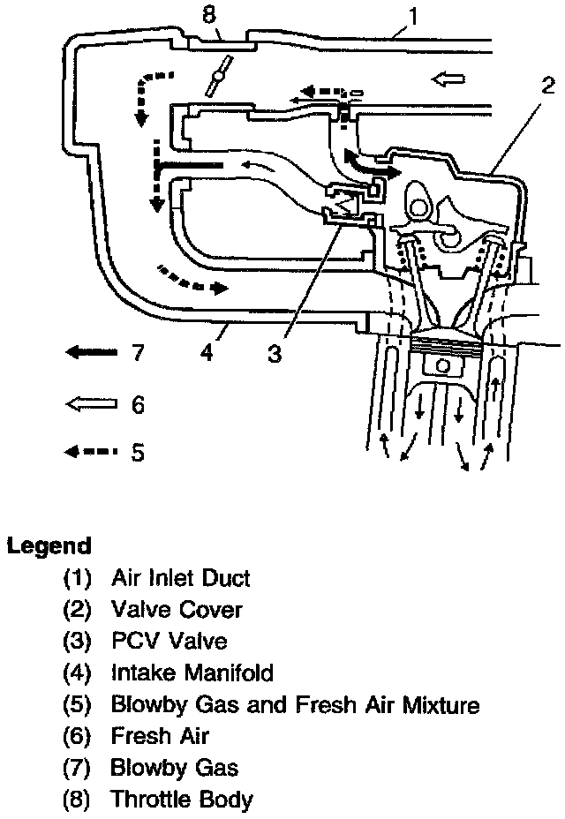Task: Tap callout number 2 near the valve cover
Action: tap(548, 86)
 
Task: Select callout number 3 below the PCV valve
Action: tap(275, 353)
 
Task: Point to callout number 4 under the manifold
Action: tap(206, 353)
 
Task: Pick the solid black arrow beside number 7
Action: tap(91, 353)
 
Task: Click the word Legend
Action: tap(49, 545)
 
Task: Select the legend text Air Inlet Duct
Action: tap(180, 578)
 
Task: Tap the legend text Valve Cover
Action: tap(176, 610)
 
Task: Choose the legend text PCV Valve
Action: tap(169, 642)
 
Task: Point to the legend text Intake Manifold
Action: tap(192, 673)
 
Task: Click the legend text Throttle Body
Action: tap(181, 800)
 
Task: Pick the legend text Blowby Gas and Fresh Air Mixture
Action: tap(295, 705)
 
